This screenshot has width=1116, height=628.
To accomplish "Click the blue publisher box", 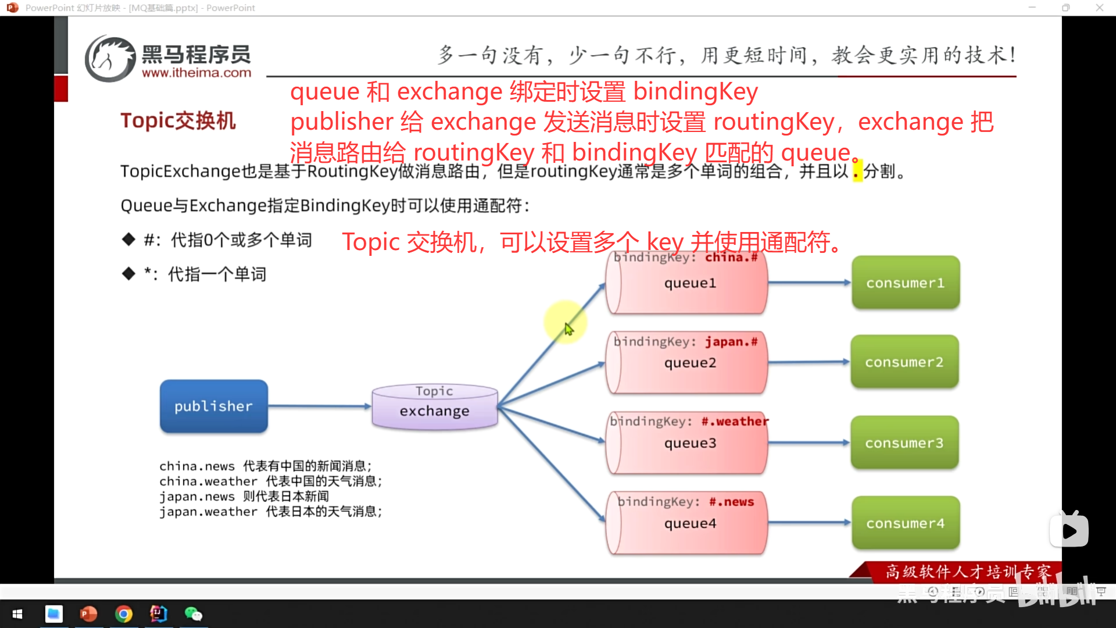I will coord(214,406).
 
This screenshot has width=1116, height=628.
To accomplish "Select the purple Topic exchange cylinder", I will coord(434,407).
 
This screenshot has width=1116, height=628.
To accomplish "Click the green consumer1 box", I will coord(905,283).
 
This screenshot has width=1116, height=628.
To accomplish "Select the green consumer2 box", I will coord(904,362).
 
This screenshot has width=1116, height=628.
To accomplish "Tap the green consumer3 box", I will coord(904,443).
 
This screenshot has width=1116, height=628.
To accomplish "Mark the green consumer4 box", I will coord(905,523).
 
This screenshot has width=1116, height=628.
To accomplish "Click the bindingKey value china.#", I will coord(731,258).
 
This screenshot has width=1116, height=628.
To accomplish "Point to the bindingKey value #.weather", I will coord(735,422).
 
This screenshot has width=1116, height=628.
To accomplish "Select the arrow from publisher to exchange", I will coord(320,406).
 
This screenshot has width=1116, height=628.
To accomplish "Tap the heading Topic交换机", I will coord(178,121).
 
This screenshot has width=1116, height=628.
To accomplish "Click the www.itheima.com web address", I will coord(196,73).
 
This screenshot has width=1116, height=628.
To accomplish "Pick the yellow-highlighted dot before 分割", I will coord(857,172).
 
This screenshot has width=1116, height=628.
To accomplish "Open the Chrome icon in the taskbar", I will coord(123,614).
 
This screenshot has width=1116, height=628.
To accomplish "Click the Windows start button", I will coord(17,614).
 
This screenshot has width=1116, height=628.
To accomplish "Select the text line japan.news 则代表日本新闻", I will coord(244,497).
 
